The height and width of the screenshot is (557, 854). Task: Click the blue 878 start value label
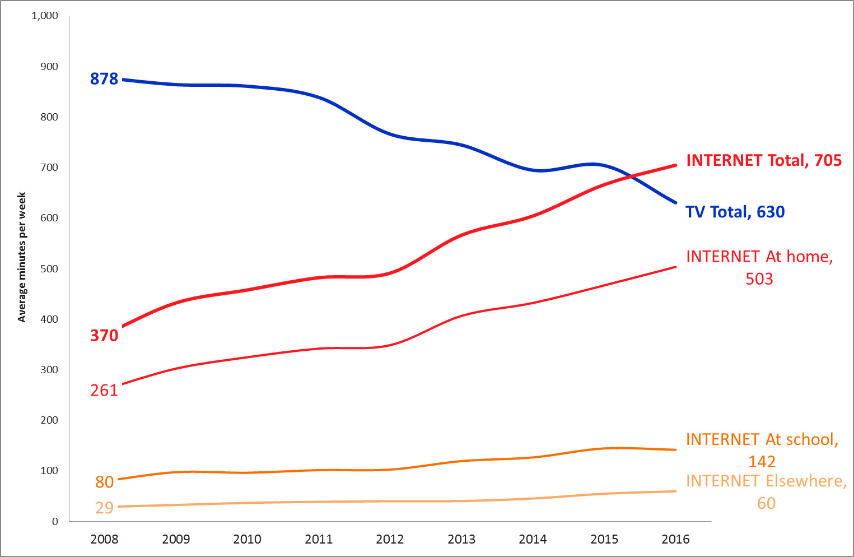click(104, 79)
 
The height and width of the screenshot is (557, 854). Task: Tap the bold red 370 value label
click(104, 336)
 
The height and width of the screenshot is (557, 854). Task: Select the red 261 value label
click(104, 390)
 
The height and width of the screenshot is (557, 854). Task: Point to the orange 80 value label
click(105, 482)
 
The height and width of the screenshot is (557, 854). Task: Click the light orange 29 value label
click(105, 508)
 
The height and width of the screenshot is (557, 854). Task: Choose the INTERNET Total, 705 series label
click(763, 161)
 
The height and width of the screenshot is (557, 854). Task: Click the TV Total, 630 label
click(735, 212)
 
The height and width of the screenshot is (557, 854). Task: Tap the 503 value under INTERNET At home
click(759, 279)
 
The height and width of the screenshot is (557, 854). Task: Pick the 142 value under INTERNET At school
click(762, 462)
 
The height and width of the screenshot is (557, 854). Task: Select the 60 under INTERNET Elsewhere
click(766, 503)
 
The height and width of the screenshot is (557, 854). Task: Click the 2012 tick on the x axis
click(390, 540)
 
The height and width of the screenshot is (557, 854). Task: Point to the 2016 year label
click(675, 540)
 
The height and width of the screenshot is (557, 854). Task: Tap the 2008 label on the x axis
click(104, 540)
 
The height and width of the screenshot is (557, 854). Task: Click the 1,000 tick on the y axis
click(45, 16)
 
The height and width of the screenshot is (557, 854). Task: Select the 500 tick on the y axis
click(49, 269)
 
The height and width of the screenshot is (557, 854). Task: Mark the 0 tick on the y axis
click(55, 522)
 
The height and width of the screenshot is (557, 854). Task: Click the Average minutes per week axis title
click(22, 257)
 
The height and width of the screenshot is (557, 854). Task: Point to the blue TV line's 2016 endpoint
click(676, 203)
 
